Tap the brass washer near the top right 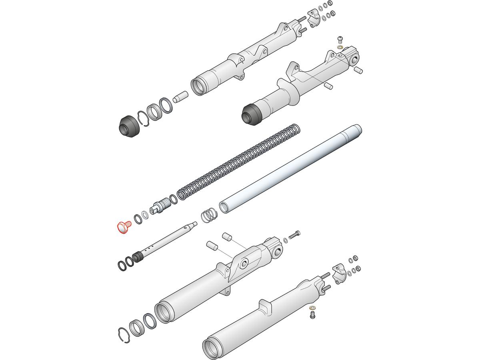(340, 47)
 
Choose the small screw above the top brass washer (340, 39)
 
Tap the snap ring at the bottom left (125, 335)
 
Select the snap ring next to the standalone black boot (144, 119)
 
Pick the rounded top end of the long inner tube (355, 130)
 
